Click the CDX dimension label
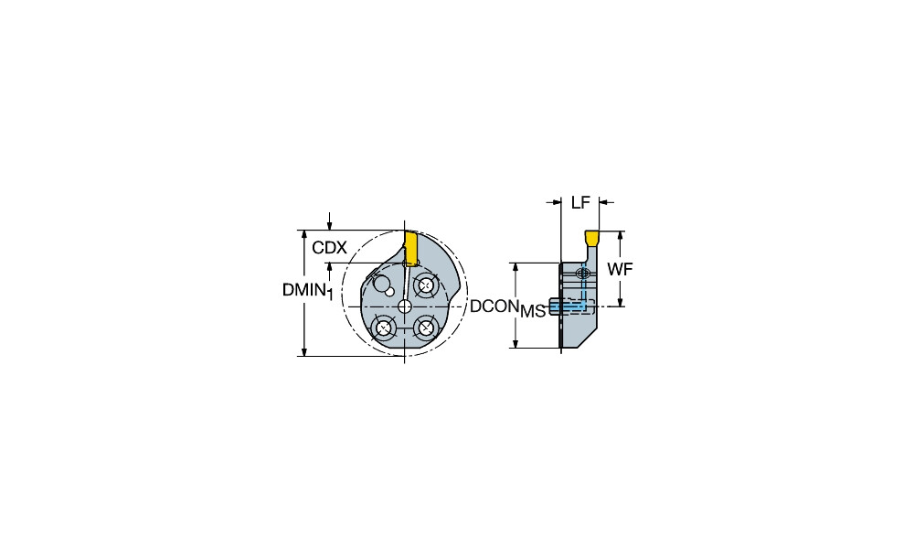pos(329,248)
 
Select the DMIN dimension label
pos(303,289)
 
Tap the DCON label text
pos(494,306)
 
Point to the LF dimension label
pos(580,202)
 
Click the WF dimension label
pos(620,270)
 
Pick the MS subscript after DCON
pos(533,312)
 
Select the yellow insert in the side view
pos(592,238)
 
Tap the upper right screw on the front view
pos(425,286)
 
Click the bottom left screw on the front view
pos(383,328)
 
